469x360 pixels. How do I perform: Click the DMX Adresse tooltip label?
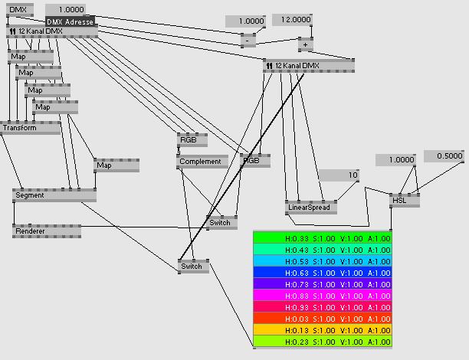(x=70, y=21)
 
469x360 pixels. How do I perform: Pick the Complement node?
(x=200, y=162)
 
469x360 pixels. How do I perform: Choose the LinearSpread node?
(x=310, y=208)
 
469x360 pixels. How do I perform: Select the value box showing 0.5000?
(x=444, y=156)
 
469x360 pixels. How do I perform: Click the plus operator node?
(x=305, y=44)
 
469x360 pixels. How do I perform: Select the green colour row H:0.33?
(x=322, y=238)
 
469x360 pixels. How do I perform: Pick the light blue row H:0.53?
(x=322, y=261)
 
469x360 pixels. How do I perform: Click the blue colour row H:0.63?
(x=322, y=273)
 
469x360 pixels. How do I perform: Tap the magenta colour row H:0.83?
(x=322, y=296)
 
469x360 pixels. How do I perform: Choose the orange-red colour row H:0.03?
(x=322, y=319)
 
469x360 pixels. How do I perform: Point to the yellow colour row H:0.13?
(x=322, y=330)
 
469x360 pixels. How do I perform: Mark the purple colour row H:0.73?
(x=322, y=284)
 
